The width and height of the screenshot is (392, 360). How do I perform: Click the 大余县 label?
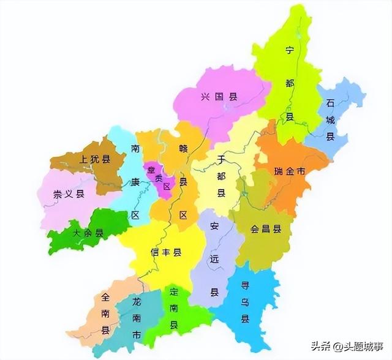click(x=87, y=233)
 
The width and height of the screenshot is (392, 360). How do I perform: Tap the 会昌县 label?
click(x=266, y=230)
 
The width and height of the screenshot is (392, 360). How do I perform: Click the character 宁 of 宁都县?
click(x=290, y=51)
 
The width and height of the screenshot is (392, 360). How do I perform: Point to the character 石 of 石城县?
click(x=331, y=102)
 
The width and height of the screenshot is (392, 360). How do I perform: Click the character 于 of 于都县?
click(x=221, y=159)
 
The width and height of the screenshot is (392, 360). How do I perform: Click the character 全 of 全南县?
click(x=105, y=298)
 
